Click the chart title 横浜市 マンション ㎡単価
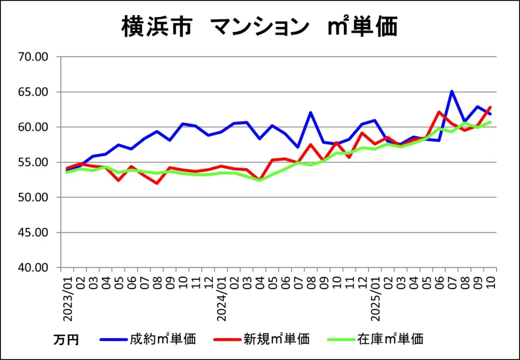point(259,26)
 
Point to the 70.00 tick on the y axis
point(33,57)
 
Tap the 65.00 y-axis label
point(33,92)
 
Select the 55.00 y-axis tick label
point(33,162)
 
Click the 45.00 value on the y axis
point(33,233)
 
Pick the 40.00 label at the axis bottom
point(33,268)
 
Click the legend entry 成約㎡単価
point(162,339)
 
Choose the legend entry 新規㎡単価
point(276,339)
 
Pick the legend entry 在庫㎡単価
point(390,339)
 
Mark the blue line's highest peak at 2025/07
point(451,91)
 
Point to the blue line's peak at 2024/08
point(310,113)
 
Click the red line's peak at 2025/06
point(439,112)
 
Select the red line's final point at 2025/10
point(491,107)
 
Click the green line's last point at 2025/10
point(491,122)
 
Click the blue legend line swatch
point(113,339)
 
